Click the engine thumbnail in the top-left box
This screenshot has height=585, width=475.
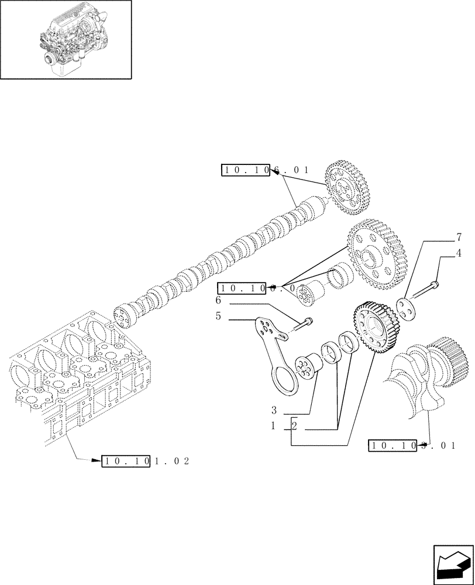[x=66, y=39]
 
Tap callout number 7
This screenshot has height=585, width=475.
[x=459, y=238]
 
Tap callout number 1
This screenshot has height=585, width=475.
[x=273, y=427]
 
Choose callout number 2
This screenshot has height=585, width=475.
[x=294, y=427]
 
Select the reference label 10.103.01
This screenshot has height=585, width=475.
[x=412, y=446]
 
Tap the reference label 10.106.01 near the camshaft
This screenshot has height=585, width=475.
[x=264, y=170]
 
